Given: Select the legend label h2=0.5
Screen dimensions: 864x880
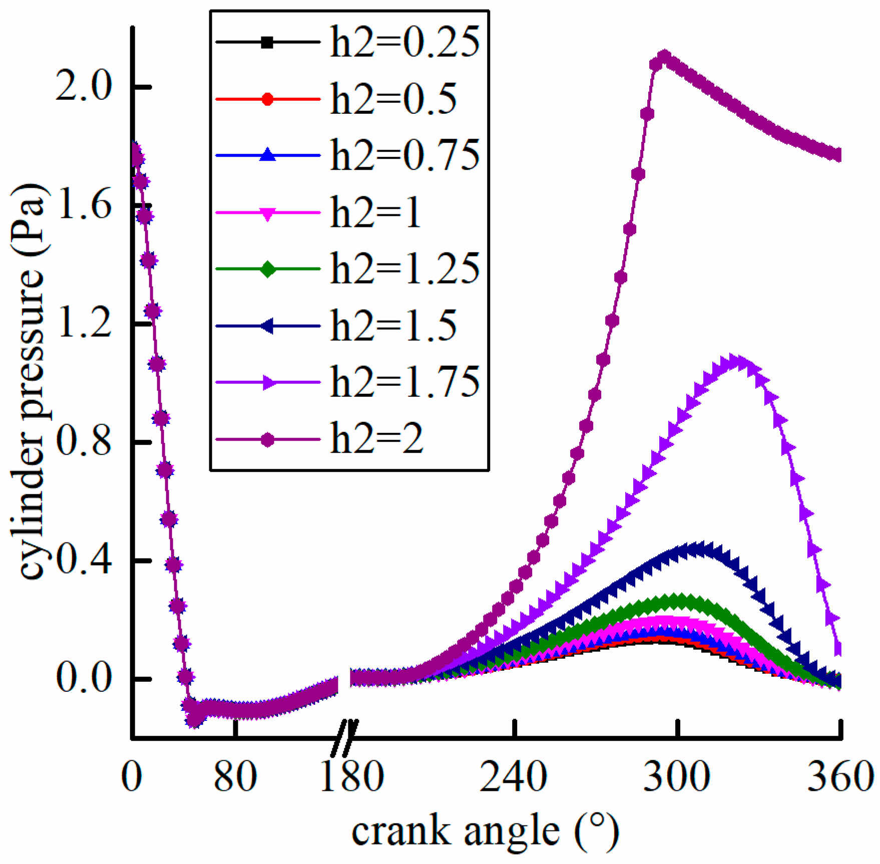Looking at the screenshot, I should click(393, 100).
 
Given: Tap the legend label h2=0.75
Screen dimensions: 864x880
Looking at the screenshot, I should click(404, 156).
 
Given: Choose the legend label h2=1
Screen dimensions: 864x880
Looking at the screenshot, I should click(375, 213).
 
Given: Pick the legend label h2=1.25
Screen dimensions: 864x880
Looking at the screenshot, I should click(404, 269).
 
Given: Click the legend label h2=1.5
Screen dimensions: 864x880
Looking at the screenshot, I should click(393, 326).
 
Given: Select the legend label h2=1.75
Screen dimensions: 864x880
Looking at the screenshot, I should click(404, 383).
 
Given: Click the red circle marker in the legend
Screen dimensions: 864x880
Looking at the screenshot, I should click(268, 99).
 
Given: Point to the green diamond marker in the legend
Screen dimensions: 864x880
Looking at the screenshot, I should click(268, 269).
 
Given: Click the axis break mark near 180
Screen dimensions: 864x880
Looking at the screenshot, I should click(345, 737).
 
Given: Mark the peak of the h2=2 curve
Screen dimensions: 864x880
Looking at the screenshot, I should click(664, 56).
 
